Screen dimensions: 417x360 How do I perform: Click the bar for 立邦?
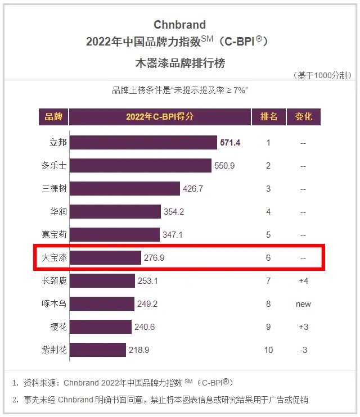143,143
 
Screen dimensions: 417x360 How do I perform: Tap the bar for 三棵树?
124,189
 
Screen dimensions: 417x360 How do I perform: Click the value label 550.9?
224,166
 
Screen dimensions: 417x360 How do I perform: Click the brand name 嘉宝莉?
54,235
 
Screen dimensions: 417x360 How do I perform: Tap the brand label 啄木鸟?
54,304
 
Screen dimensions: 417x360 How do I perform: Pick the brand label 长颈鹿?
54,281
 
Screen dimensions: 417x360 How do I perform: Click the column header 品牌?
53,117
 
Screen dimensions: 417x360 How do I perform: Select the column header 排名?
268,117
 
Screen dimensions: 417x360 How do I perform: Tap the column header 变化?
303,117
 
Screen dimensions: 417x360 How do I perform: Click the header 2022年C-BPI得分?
160,117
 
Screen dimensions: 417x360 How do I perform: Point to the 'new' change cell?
303,304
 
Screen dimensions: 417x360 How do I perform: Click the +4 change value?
303,281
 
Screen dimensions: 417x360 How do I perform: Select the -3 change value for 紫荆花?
303,350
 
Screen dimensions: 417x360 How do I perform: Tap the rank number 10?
268,350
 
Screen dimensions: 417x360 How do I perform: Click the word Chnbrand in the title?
180,25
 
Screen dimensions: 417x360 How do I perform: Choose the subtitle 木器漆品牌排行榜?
180,63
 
